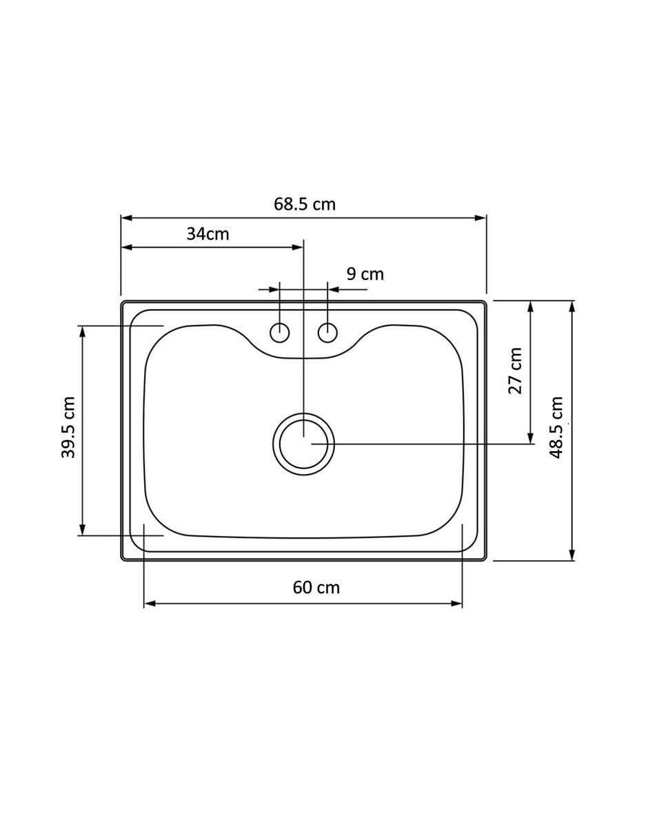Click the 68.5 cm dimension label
[304, 203]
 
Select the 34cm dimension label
[207, 234]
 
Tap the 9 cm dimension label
[365, 275]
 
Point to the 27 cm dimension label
[516, 370]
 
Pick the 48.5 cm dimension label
[556, 428]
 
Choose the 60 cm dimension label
[316, 588]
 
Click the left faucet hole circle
[280, 332]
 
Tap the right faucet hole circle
[328, 332]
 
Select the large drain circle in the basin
[303, 413]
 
